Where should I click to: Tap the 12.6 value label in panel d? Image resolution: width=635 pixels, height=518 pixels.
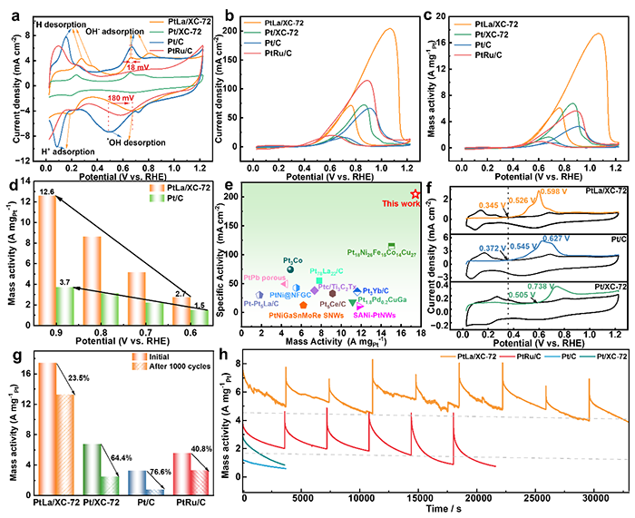[x=47, y=191]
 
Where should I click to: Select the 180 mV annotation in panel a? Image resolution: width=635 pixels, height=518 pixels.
[x=120, y=97]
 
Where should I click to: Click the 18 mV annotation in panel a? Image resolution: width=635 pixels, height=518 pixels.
[x=139, y=66]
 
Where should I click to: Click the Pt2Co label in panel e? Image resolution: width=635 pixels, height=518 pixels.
[x=292, y=259]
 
